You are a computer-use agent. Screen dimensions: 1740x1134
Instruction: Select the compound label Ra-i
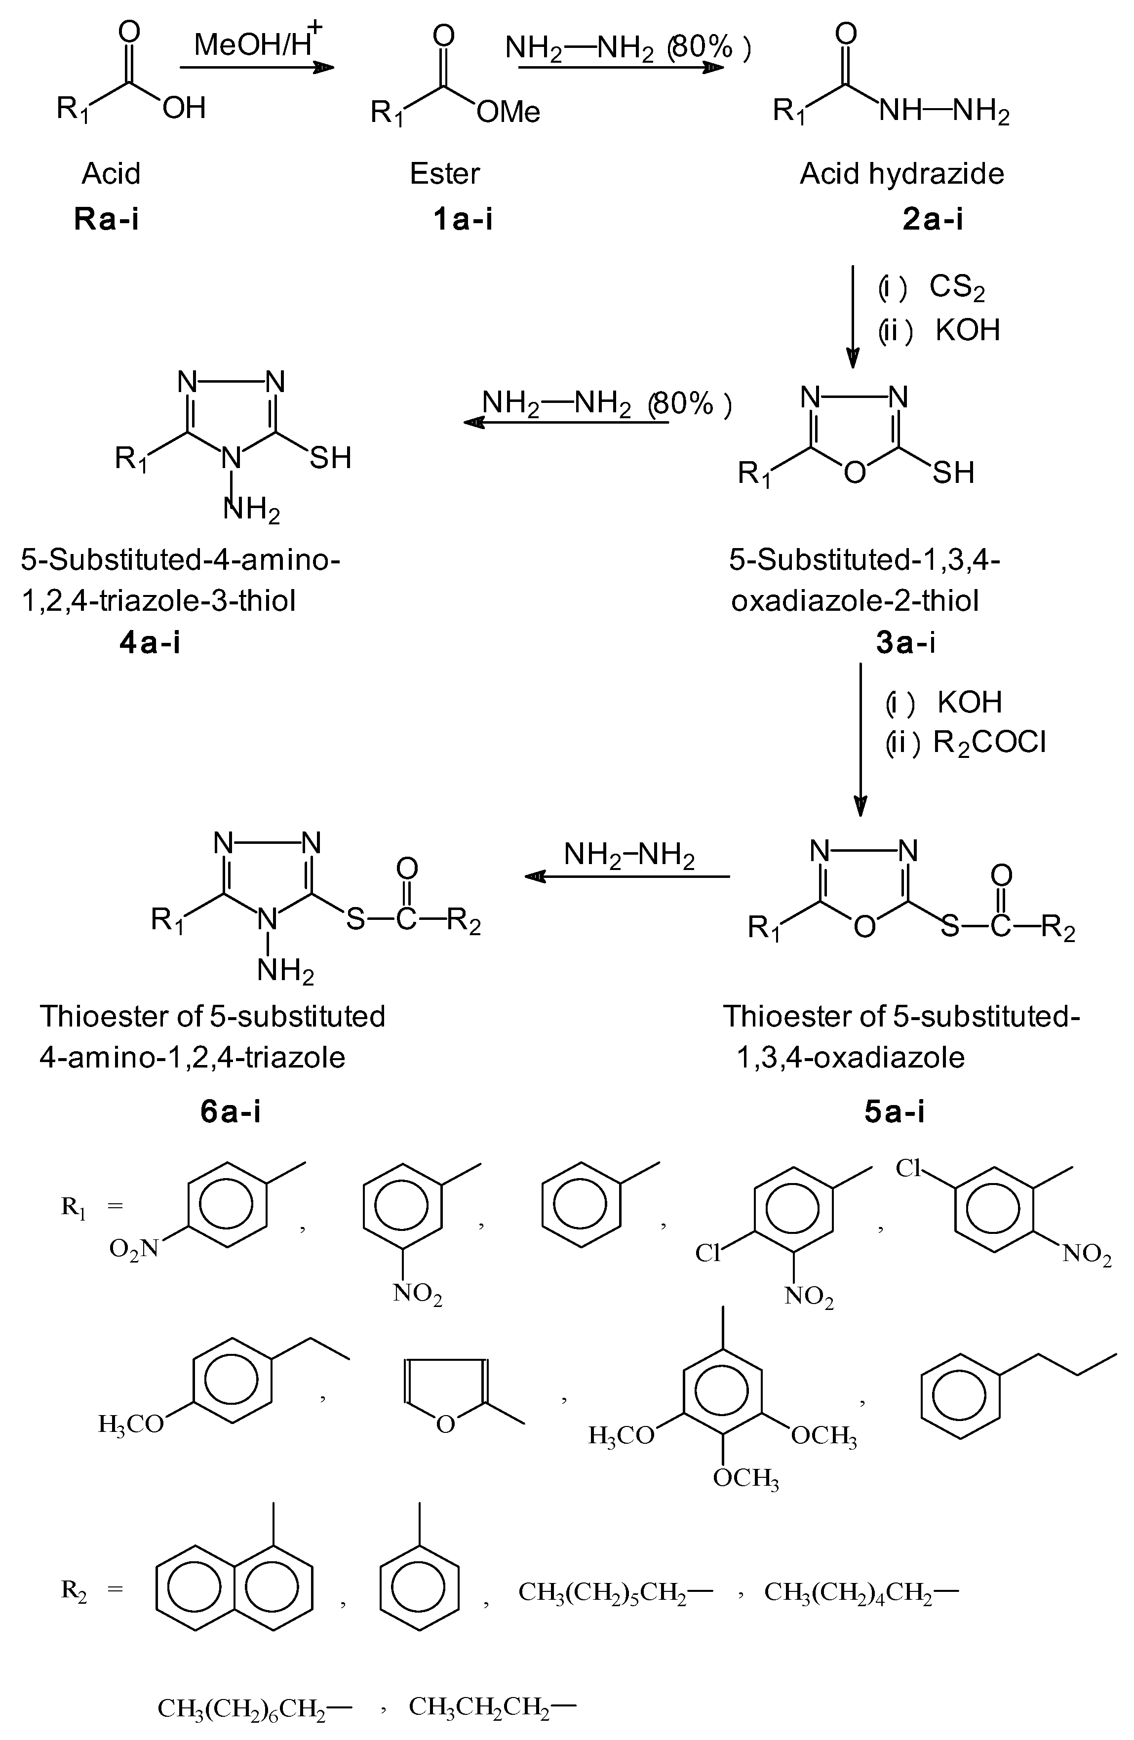coord(107,219)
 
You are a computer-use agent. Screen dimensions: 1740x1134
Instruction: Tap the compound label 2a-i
coord(932,219)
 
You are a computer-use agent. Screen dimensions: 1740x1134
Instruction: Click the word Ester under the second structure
coord(444,174)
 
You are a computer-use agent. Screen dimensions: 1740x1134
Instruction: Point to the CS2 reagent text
coord(956,287)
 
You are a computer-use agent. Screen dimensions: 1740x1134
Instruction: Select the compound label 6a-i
coord(231,1111)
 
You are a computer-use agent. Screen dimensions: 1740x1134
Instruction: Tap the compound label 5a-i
coord(894,1111)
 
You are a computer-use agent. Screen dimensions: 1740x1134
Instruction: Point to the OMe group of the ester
coord(508,113)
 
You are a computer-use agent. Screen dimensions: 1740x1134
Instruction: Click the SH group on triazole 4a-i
coord(330,458)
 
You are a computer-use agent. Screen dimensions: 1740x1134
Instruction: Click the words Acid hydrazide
coord(901,174)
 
